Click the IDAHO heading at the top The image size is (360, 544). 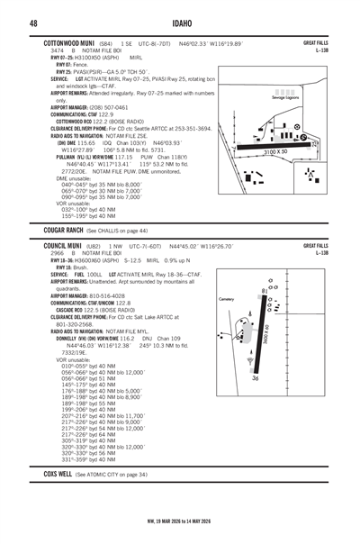[179, 22]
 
